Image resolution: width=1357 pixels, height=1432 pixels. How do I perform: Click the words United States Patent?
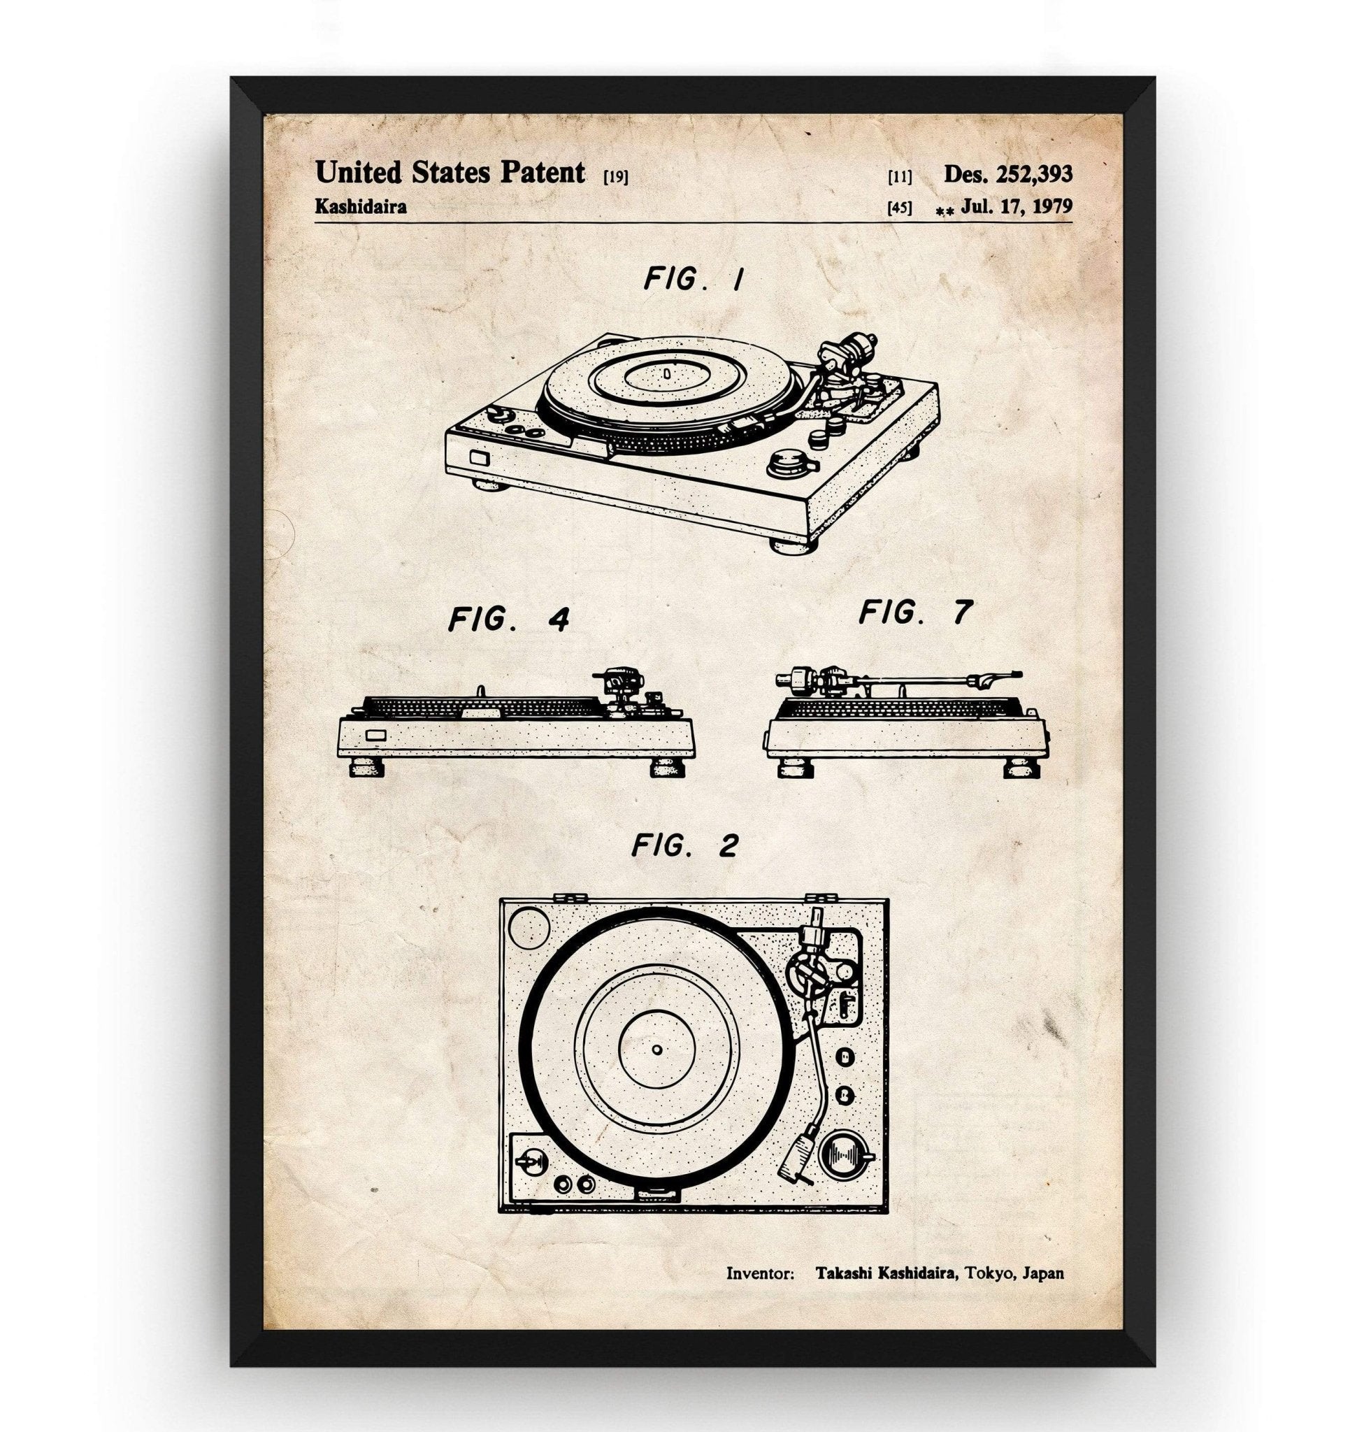[x=450, y=173]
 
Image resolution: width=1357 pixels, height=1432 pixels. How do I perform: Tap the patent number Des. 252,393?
[x=1007, y=173]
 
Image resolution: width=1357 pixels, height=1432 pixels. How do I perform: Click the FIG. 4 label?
[x=508, y=620]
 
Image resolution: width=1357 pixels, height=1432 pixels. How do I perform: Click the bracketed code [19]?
[x=615, y=176]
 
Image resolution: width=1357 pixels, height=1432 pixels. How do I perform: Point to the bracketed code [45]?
[x=899, y=208]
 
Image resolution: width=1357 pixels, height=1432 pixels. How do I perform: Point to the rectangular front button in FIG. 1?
[x=478, y=458]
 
